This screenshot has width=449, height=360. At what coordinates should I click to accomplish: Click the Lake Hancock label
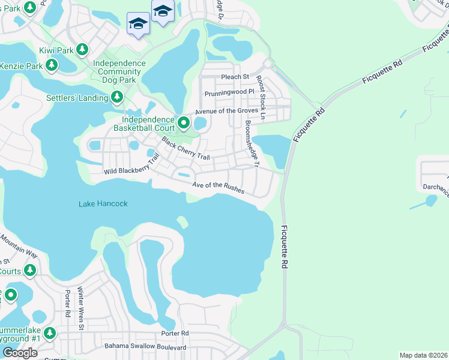coord(103,204)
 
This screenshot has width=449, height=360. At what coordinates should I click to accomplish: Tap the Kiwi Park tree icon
coord(82,50)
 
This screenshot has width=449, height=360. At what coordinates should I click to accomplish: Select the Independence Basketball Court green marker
coord(184,124)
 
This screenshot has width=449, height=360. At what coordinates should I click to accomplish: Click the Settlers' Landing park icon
coord(116,97)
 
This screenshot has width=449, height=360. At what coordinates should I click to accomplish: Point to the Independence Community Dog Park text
coord(119,72)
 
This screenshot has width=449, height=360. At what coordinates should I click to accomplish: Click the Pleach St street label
coord(235,77)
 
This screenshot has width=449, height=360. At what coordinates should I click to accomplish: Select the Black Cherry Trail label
coord(185,148)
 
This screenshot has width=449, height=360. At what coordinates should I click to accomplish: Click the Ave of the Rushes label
coord(218,187)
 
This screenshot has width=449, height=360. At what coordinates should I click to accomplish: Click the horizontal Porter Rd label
coord(175,333)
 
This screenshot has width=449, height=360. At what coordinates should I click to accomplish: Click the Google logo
coord(20,353)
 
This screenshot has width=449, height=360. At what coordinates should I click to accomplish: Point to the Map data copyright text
coord(423,355)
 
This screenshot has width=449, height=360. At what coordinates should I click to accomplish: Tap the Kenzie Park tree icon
coord(52,65)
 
